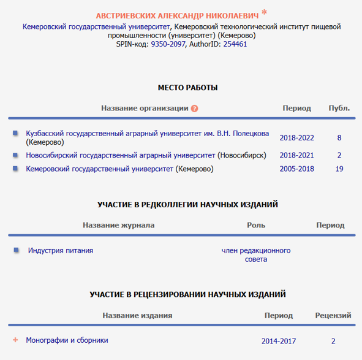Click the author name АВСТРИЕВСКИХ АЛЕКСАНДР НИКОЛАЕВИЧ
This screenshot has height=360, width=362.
pyautogui.click(x=178, y=15)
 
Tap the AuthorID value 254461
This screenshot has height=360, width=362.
pyautogui.click(x=235, y=45)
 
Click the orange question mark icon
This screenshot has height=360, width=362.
pyautogui.click(x=194, y=109)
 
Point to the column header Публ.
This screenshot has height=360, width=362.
pyautogui.click(x=339, y=108)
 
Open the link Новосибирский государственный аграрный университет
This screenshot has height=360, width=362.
pyautogui.click(x=120, y=156)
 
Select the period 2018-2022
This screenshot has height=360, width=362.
pyautogui.click(x=296, y=138)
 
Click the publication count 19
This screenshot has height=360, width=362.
pyautogui.click(x=339, y=169)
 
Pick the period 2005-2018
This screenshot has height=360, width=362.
pyautogui.click(x=296, y=169)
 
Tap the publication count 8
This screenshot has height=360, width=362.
pyautogui.click(x=339, y=138)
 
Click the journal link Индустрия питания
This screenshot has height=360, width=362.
pyautogui.click(x=61, y=250)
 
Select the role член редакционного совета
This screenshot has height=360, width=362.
pyautogui.click(x=256, y=255)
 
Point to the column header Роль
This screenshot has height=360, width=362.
pyautogui.click(x=256, y=225)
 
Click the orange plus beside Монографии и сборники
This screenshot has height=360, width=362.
pyautogui.click(x=16, y=340)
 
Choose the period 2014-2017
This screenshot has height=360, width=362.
pyautogui.click(x=278, y=341)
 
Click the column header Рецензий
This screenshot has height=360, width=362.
pyautogui.click(x=333, y=315)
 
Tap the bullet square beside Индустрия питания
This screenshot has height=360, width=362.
pyautogui.click(x=16, y=250)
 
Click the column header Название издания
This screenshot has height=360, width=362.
pyautogui.click(x=137, y=315)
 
